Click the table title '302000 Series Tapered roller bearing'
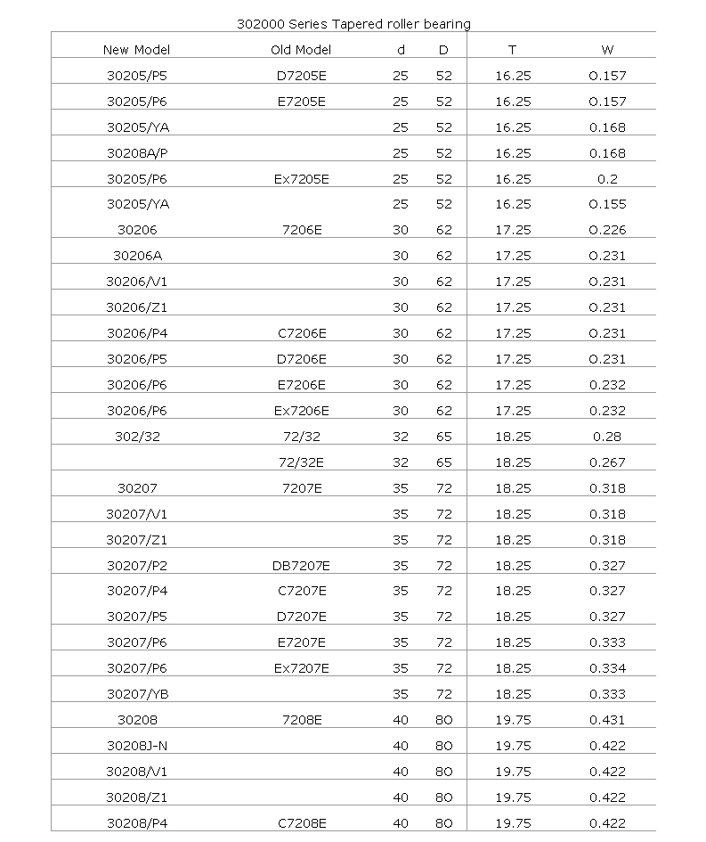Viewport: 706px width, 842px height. coord(354,23)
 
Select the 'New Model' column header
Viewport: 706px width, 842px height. coord(136,50)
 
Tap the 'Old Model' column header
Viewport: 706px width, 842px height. coord(301,50)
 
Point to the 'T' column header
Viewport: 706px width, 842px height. coord(512,50)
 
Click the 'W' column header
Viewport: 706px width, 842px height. coord(607,50)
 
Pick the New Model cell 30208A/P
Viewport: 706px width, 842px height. coord(137,153)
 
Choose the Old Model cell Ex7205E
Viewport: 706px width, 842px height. coord(301,179)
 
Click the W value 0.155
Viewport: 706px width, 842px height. coord(607,205)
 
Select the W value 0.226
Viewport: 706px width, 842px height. coord(607,231)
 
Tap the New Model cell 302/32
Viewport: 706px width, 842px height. coord(137,437)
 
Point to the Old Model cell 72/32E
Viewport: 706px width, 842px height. coord(301,462)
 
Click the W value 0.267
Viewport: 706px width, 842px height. coord(607,462)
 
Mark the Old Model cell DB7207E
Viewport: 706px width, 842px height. coord(301,566)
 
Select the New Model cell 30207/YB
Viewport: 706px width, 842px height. coord(137,694)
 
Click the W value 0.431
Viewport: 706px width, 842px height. coord(607,720)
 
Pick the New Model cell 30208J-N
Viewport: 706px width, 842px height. coord(137,746)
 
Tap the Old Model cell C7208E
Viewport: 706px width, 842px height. coord(301,823)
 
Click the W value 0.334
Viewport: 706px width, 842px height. coord(607,668)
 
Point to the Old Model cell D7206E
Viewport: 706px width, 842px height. coord(301,359)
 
